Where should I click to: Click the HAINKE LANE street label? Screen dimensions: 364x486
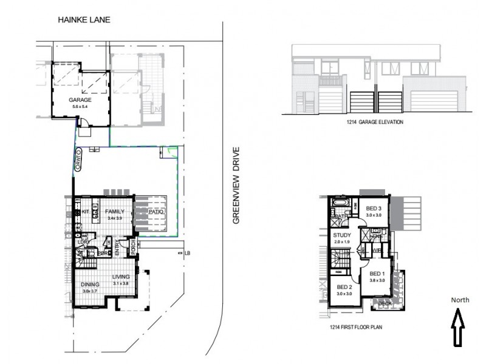click(x=84, y=20)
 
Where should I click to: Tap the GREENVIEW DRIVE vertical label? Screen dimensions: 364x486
click(x=237, y=185)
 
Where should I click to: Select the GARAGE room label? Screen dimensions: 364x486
click(x=80, y=99)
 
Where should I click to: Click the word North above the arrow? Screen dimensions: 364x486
click(x=460, y=300)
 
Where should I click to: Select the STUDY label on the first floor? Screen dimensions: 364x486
click(x=341, y=235)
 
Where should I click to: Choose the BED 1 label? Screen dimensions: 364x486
click(x=378, y=274)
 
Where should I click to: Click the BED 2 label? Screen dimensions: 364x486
click(x=344, y=287)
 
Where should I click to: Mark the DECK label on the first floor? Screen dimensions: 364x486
click(x=386, y=303)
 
